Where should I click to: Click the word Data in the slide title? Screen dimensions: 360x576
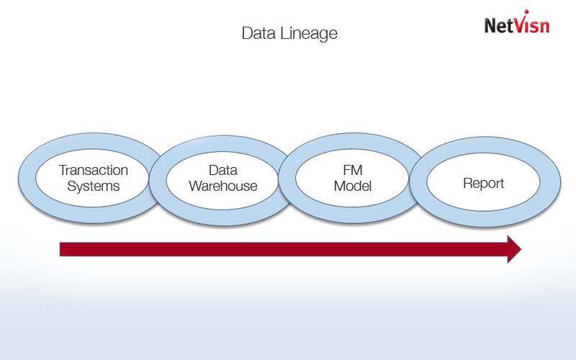(256, 34)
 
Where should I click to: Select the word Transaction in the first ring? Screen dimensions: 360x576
(94, 171)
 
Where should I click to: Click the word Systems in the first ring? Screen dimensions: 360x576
(94, 186)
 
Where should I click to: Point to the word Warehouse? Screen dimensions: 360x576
(223, 186)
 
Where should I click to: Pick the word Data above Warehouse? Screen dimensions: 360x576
(223, 171)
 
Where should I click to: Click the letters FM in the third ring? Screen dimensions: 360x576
(353, 171)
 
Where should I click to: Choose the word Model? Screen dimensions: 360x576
(353, 186)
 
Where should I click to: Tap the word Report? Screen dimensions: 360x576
(483, 184)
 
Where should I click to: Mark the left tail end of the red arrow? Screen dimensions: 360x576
(62, 249)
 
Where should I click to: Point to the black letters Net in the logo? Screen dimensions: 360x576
(498, 26)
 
